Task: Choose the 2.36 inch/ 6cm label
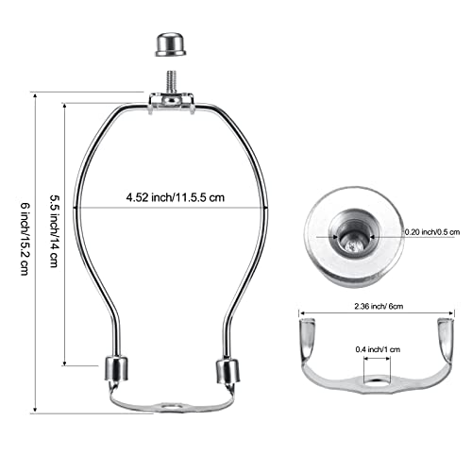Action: click(x=376, y=305)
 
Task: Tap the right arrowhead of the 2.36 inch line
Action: click(x=453, y=313)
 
